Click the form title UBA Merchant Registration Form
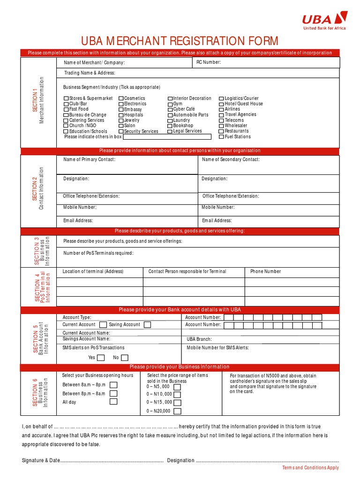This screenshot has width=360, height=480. click(180, 41)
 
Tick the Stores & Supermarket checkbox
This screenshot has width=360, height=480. click(66, 98)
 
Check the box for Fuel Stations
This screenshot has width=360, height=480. click(221, 137)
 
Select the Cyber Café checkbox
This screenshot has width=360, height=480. click(170, 109)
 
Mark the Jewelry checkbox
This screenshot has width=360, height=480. click(121, 120)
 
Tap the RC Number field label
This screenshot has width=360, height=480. click(209, 62)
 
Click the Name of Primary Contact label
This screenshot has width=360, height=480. click(89, 160)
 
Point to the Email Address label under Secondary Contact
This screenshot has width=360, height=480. click(217, 221)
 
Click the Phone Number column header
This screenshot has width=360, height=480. click(265, 271)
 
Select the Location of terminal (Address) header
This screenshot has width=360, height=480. click(93, 271)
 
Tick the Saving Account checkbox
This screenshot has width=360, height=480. click(147, 325)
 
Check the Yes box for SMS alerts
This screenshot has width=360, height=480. click(102, 358)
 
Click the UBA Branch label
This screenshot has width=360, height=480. click(199, 339)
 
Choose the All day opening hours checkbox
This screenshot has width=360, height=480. click(113, 402)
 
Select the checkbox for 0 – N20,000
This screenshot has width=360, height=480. click(177, 411)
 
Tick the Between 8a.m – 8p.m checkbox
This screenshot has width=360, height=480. click(113, 385)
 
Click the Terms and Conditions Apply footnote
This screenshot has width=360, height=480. click(310, 468)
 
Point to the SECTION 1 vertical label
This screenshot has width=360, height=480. click(35, 100)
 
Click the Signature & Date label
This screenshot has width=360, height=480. click(41, 460)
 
